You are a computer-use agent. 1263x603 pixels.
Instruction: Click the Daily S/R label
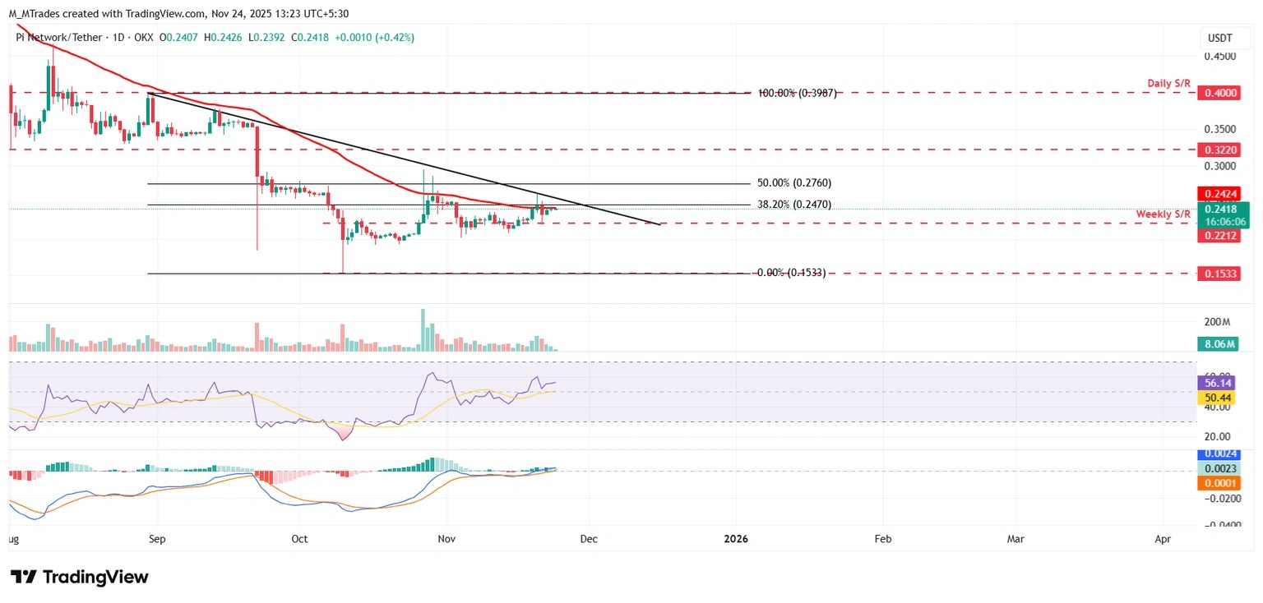[1171, 84]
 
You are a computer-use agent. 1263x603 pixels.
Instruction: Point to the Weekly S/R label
[1164, 214]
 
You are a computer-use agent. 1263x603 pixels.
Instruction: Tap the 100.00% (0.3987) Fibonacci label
[796, 93]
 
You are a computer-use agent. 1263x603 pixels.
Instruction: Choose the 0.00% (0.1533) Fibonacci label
[791, 273]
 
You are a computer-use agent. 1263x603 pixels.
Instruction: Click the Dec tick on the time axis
[589, 539]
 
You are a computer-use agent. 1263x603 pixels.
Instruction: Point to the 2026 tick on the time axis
[737, 539]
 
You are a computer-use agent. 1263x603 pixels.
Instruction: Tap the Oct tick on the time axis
[299, 539]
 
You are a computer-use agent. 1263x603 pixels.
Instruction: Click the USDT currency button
[1219, 38]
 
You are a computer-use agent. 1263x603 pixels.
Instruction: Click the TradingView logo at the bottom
[80, 577]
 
